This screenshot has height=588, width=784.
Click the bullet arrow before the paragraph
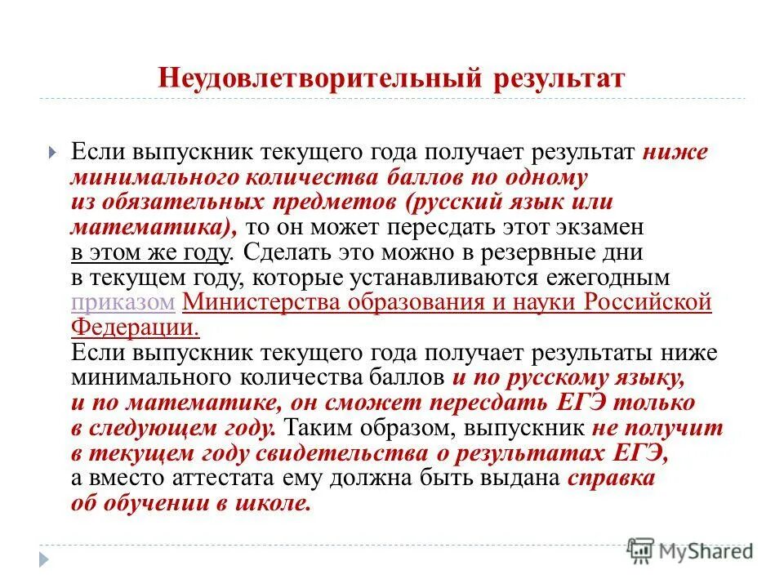(x=51, y=153)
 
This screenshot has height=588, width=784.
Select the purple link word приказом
(x=123, y=303)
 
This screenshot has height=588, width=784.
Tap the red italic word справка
(x=612, y=479)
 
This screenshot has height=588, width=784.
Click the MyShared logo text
(x=706, y=551)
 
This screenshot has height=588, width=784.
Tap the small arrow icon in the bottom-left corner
(x=44, y=559)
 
